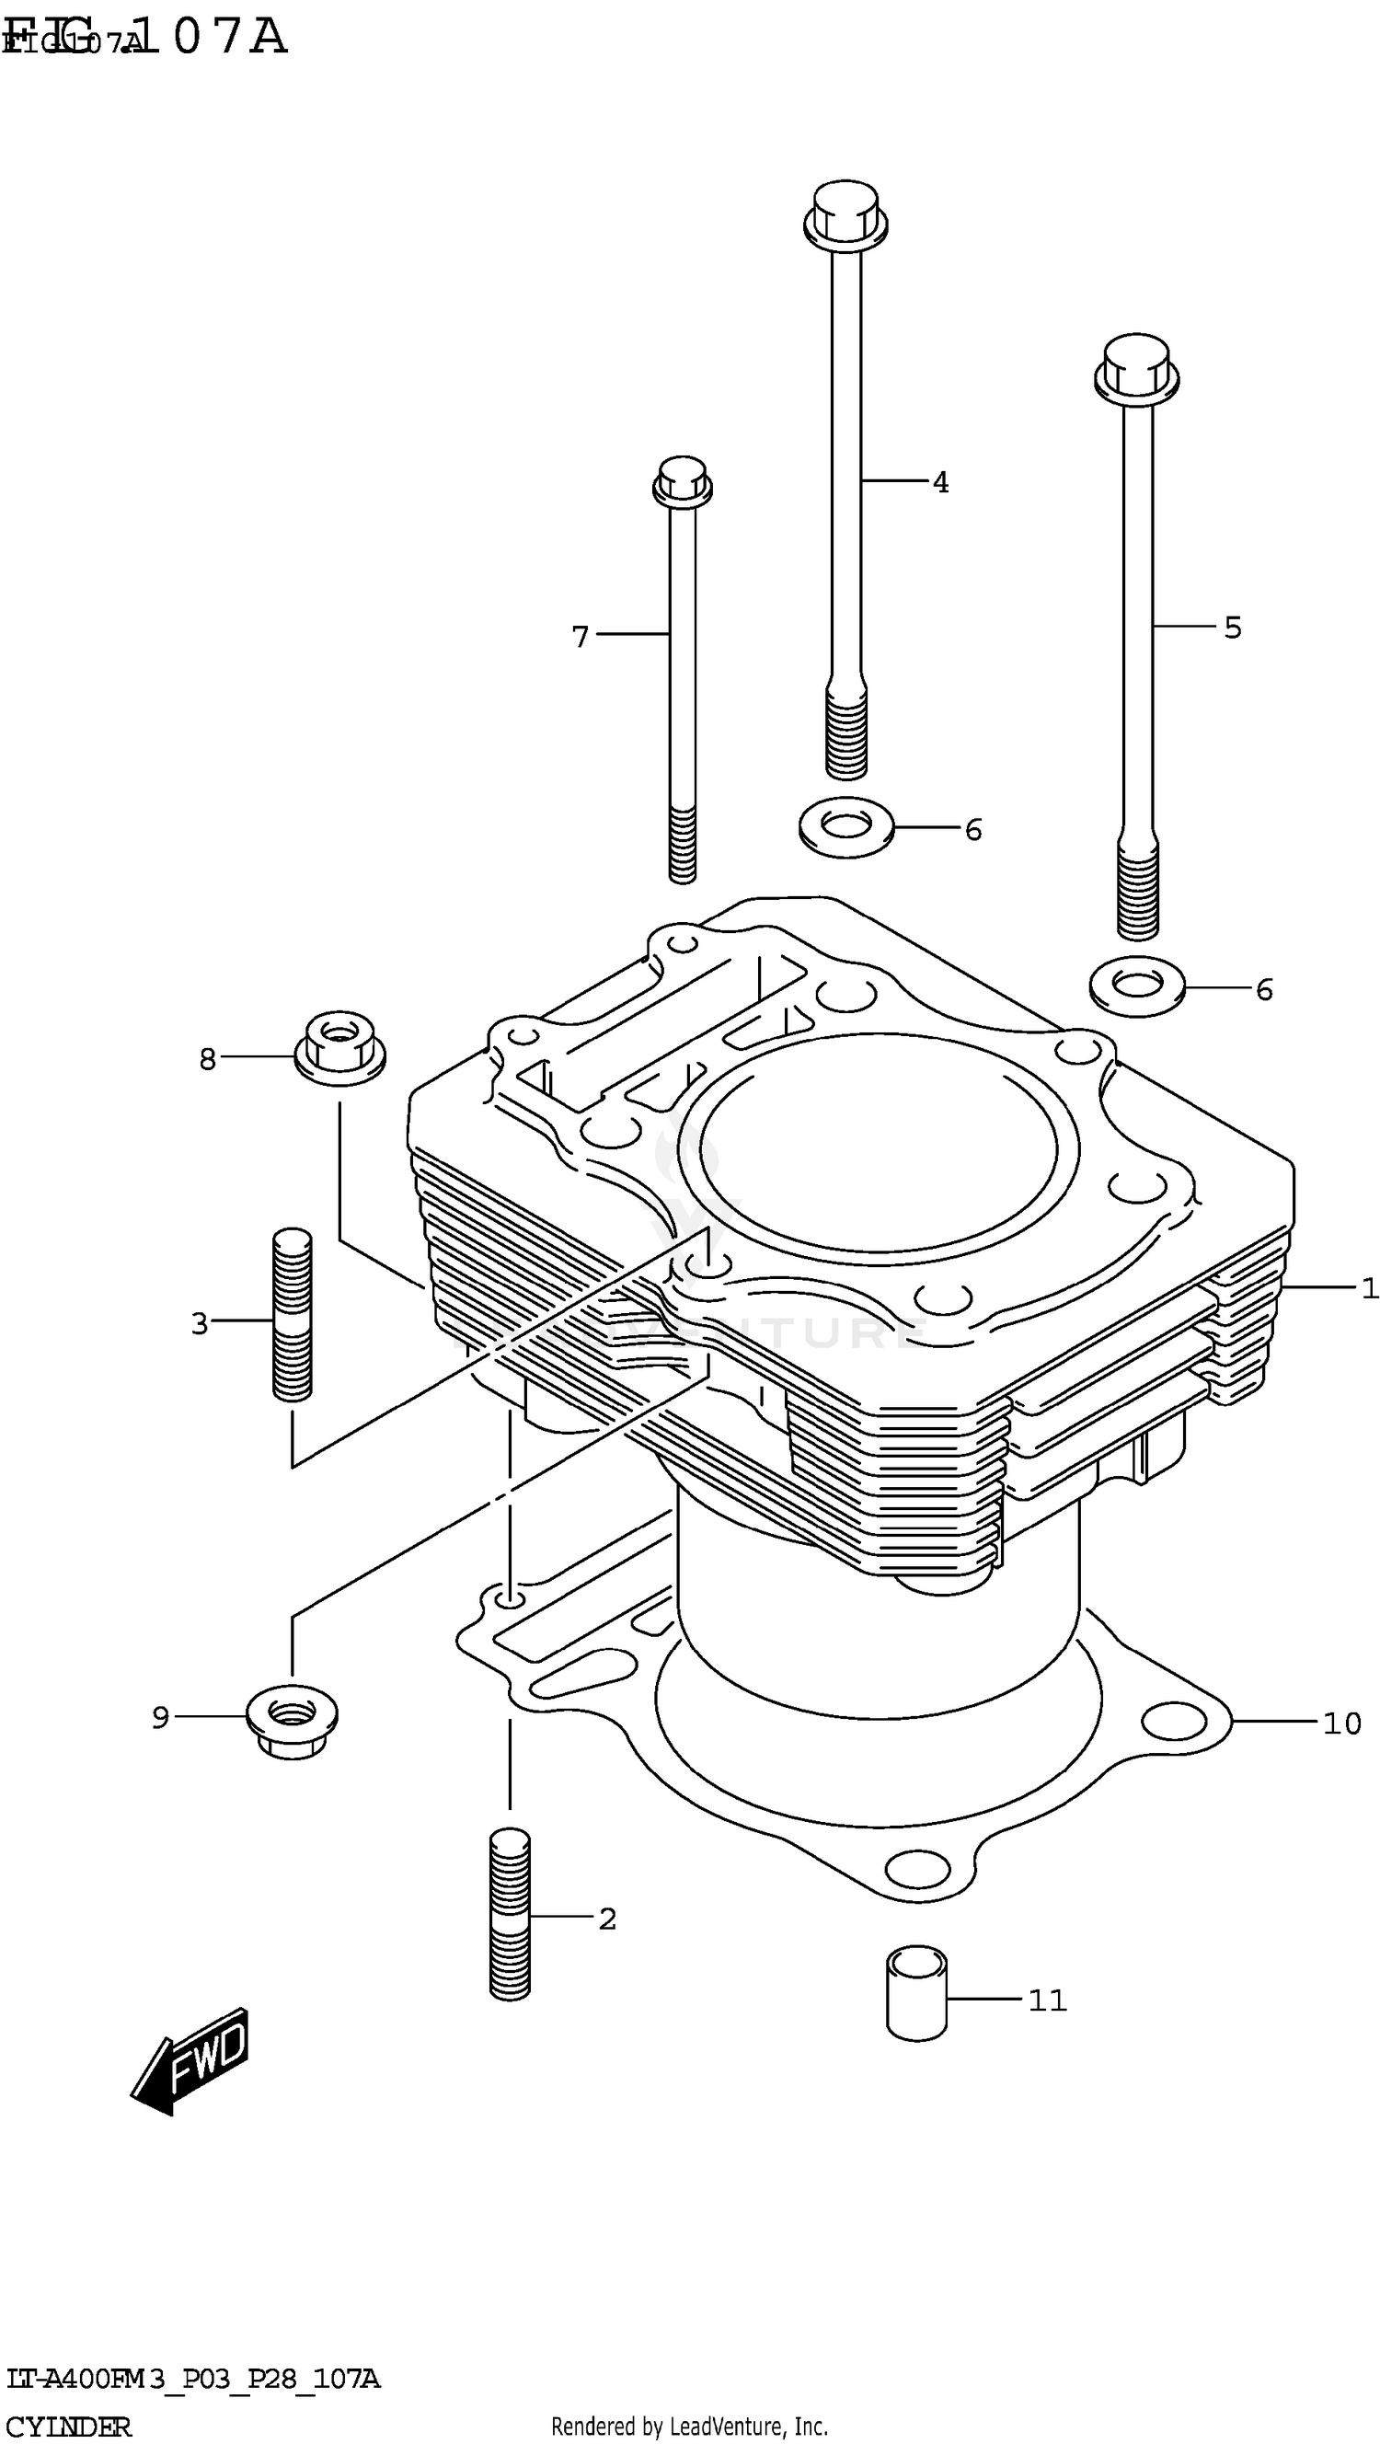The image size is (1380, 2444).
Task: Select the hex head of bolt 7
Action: coord(682,482)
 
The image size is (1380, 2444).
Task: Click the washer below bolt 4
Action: coord(846,827)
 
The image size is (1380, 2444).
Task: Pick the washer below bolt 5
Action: coord(1136,986)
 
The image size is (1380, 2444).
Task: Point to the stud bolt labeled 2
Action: coord(510,1915)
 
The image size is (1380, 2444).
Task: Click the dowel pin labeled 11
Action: coord(916,1992)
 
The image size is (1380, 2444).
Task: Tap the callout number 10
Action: coord(1341,1723)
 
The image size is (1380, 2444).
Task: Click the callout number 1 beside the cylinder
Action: coord(1369,1288)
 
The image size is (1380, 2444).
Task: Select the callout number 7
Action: coord(581,637)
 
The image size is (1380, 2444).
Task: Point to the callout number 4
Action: coord(939,483)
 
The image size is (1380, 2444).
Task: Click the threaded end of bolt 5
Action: coord(1137,891)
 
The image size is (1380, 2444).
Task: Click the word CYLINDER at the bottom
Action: coord(68,2427)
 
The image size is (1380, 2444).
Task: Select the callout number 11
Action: coord(1047,2000)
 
